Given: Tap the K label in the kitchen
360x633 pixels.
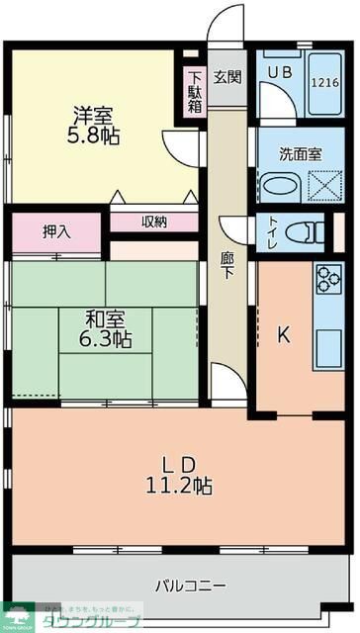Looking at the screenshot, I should point(283,335).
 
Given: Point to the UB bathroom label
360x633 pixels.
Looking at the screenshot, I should point(276,72).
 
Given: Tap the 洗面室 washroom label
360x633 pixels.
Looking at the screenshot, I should point(300,154).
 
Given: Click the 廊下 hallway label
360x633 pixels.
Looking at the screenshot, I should point(226,263).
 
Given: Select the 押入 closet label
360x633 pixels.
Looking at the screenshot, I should point(56,232).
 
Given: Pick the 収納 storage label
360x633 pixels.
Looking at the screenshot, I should point(153,222).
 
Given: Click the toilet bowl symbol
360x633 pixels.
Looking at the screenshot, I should point(307,233).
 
